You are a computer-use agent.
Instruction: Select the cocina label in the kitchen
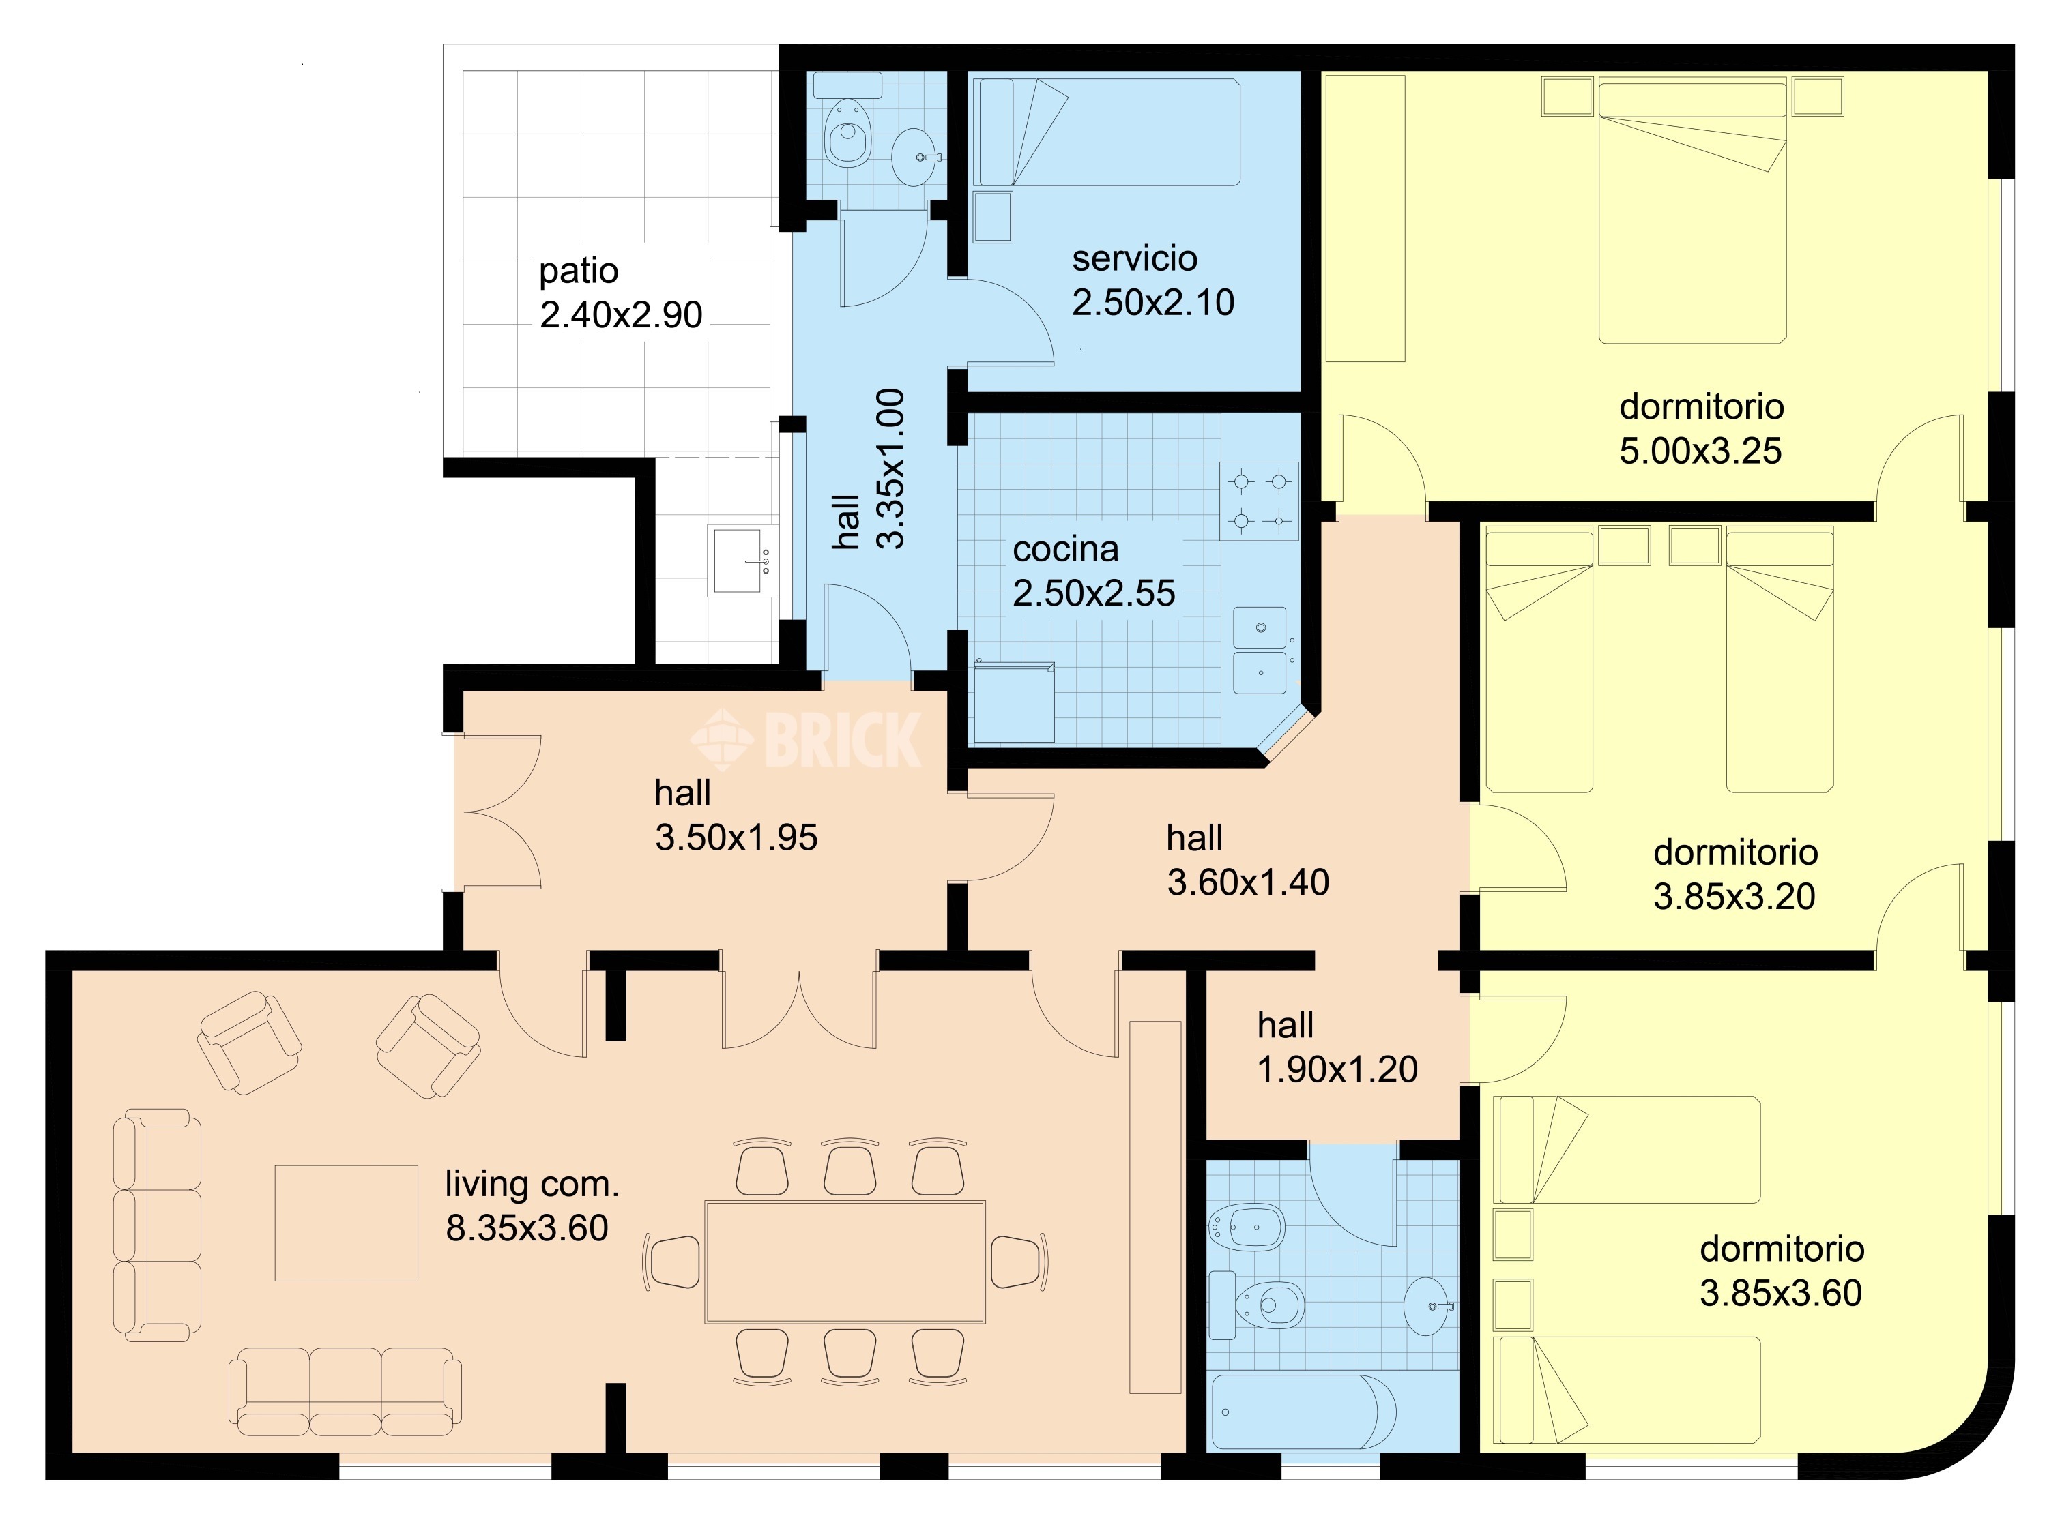[1065, 550]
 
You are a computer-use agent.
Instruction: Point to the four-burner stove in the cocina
[1260, 501]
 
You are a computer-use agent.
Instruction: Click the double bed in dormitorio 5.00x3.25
[1692, 211]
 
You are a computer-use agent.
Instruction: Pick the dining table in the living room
[845, 1262]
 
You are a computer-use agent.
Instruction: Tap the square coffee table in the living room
[347, 1223]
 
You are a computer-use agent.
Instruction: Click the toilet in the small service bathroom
[847, 133]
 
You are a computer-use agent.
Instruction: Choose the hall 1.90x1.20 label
[1337, 1047]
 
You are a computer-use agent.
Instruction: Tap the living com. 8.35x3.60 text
[532, 1206]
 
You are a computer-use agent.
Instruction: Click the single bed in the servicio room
[1109, 132]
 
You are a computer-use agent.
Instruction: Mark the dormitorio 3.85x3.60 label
[1782, 1271]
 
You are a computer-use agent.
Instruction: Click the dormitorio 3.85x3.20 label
[1735, 874]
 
